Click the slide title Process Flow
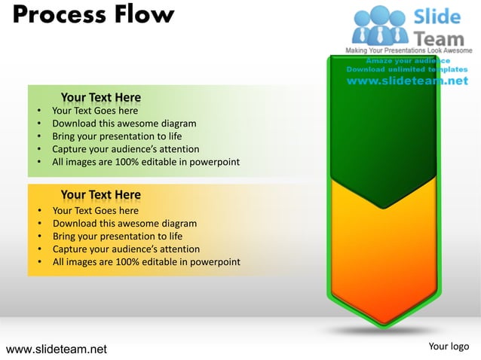coord(93,14)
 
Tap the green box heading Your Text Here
coord(100,97)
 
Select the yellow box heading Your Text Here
coord(100,196)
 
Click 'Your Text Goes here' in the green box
coord(95,111)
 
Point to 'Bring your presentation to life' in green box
coord(117,136)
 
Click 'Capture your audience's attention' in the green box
coord(125,149)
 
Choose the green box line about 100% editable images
coord(146,162)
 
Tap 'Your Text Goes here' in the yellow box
coord(95,211)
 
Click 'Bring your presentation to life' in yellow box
coord(117,236)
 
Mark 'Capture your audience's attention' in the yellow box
coord(126,249)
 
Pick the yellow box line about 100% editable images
coord(146,262)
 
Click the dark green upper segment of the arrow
coord(383,128)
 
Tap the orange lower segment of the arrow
coord(383,256)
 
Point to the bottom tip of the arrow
coord(384,325)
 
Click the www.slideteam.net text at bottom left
coord(57,349)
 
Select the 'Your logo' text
coord(448,346)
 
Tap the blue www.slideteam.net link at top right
coord(407,81)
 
